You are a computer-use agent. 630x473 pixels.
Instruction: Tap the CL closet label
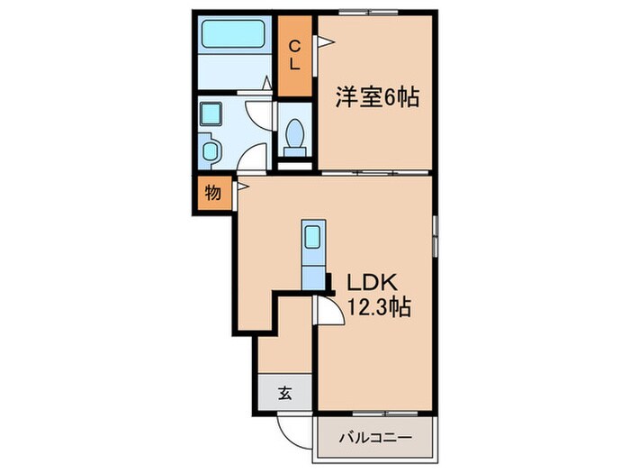click(294, 57)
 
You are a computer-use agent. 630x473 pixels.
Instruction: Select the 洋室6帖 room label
click(378, 97)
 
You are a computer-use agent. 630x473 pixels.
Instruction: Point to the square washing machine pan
click(213, 115)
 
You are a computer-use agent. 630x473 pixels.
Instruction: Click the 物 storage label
click(212, 192)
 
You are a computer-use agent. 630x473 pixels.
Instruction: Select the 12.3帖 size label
click(375, 308)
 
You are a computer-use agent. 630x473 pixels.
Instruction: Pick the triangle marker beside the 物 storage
click(242, 187)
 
